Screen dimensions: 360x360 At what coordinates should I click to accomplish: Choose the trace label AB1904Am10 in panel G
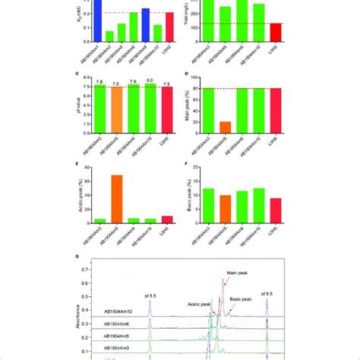tap(120, 311)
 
